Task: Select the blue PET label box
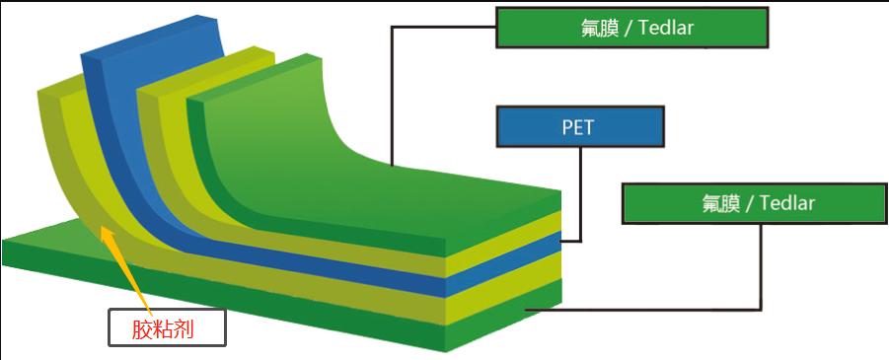[579, 126]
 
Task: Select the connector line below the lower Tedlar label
[761, 266]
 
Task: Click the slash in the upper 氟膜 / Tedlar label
[629, 28]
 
